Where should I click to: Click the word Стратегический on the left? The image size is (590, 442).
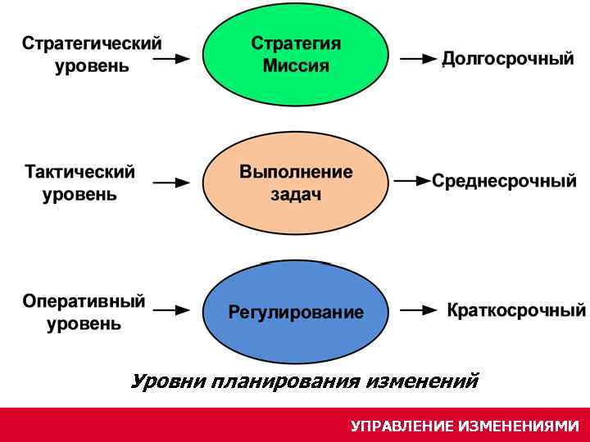click(x=92, y=43)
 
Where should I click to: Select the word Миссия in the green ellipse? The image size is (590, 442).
click(x=296, y=65)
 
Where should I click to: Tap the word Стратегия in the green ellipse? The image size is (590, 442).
click(x=296, y=43)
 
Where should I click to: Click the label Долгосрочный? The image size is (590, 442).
click(x=508, y=59)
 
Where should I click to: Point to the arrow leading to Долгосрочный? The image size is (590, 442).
click(x=418, y=59)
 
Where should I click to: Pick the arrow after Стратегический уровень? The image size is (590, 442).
click(x=172, y=59)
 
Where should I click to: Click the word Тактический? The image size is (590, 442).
click(x=79, y=173)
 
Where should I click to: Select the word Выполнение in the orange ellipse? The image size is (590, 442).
click(x=296, y=172)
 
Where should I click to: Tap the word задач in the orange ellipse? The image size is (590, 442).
click(x=296, y=195)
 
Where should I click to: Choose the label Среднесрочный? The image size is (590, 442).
click(x=504, y=181)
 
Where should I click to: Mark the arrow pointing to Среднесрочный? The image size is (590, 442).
click(x=411, y=181)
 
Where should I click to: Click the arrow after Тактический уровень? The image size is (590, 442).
click(x=172, y=183)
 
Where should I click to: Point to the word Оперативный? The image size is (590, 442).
click(x=84, y=301)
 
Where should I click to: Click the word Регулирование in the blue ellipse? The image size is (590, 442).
click(x=296, y=312)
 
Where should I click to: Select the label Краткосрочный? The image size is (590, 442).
click(x=516, y=310)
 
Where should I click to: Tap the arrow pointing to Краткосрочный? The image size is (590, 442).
click(x=418, y=310)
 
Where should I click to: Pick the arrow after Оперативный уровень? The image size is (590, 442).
click(x=172, y=310)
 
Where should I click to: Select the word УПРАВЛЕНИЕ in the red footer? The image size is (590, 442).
click(x=402, y=426)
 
